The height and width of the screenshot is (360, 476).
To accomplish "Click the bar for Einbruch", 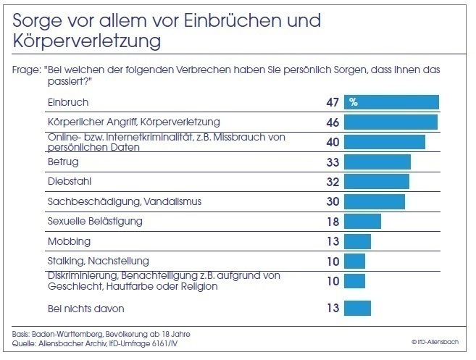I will click(393, 102).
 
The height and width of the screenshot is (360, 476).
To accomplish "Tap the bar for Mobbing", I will click(358, 241).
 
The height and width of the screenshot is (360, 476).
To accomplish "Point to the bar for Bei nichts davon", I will click(358, 309).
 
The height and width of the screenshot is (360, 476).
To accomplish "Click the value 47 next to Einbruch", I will click(333, 102).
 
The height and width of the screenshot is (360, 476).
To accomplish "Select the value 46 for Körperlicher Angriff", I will click(333, 122).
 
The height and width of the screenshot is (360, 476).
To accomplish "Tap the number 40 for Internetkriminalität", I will click(333, 141).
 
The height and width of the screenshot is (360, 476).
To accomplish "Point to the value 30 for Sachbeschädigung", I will click(333, 201).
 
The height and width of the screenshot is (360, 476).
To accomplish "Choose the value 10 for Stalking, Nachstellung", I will click(333, 261).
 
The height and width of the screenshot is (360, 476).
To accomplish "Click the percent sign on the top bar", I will click(354, 102).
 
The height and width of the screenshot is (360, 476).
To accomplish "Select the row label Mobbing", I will click(69, 241).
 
